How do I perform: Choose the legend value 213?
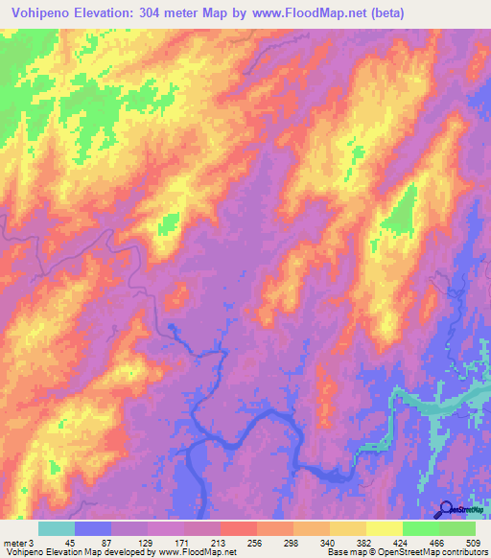click(220, 544)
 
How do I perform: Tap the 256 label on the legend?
click(256, 544)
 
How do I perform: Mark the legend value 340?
click(329, 544)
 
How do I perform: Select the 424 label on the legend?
click(402, 544)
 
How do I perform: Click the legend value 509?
click(475, 544)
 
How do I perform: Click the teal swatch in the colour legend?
click(57, 528)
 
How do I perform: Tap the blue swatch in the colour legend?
click(93, 528)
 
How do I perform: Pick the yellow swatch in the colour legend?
click(347, 528)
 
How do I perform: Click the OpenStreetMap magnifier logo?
click(445, 509)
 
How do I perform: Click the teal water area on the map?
click(432, 405)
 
